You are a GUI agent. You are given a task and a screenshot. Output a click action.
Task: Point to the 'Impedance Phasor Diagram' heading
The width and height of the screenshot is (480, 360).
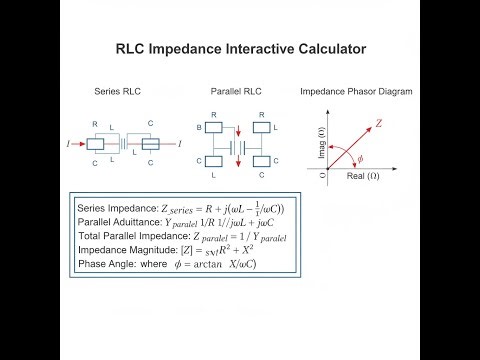[356, 92]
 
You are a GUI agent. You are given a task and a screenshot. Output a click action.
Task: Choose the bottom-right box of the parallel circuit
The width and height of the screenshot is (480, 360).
[260, 161]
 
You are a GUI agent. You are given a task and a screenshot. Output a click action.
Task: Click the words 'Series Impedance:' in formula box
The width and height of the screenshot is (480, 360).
[114, 208]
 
